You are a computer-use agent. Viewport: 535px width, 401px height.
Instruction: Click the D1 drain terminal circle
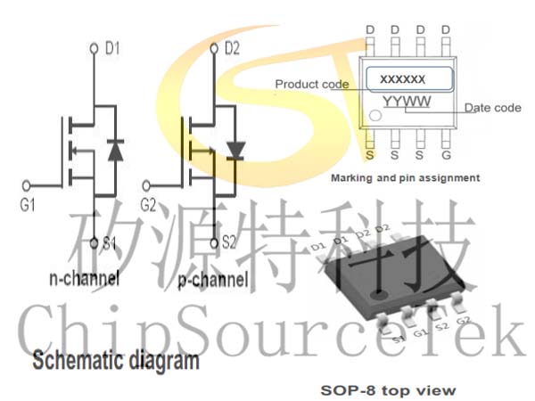click(x=95, y=48)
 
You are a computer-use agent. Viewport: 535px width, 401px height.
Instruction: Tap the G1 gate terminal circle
click(x=26, y=186)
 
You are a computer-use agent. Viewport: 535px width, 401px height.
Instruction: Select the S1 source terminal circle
click(x=95, y=243)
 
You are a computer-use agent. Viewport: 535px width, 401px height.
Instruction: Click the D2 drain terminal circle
click(x=214, y=48)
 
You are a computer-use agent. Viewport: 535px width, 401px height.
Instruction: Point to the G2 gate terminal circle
click(x=146, y=186)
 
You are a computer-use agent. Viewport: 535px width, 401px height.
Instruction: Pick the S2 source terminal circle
click(x=214, y=243)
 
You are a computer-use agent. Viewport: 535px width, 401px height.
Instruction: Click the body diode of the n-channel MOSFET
click(x=115, y=150)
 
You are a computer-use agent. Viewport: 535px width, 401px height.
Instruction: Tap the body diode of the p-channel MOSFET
click(x=235, y=151)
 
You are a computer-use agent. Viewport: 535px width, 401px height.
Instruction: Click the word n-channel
click(x=85, y=279)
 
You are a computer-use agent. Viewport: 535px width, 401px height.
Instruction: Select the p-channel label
click(x=213, y=281)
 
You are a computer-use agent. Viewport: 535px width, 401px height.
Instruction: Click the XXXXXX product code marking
click(x=403, y=79)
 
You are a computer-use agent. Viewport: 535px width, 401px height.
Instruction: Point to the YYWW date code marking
click(x=407, y=102)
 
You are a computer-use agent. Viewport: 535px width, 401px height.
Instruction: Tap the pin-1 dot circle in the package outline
click(x=375, y=115)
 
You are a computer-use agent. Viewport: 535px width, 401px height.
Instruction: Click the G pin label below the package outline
click(x=447, y=155)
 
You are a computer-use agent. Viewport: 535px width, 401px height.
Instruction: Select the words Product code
click(x=312, y=85)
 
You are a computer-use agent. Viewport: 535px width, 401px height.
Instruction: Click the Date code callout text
click(x=493, y=108)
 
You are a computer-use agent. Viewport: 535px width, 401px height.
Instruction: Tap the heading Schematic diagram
click(x=116, y=360)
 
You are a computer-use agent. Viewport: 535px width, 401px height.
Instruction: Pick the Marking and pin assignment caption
click(x=406, y=178)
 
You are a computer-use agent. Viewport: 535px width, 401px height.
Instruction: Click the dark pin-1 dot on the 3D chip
click(x=379, y=293)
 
